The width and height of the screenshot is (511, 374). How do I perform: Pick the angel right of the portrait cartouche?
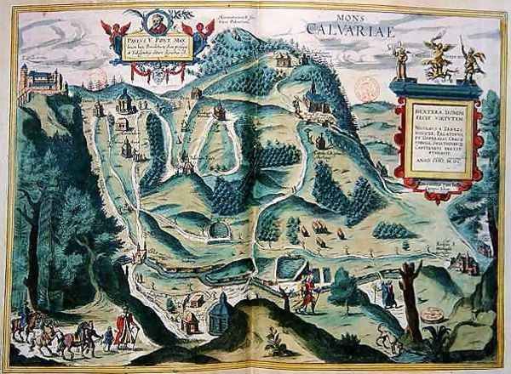click(x=201, y=32)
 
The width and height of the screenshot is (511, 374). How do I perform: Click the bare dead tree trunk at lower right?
click(x=412, y=297)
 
